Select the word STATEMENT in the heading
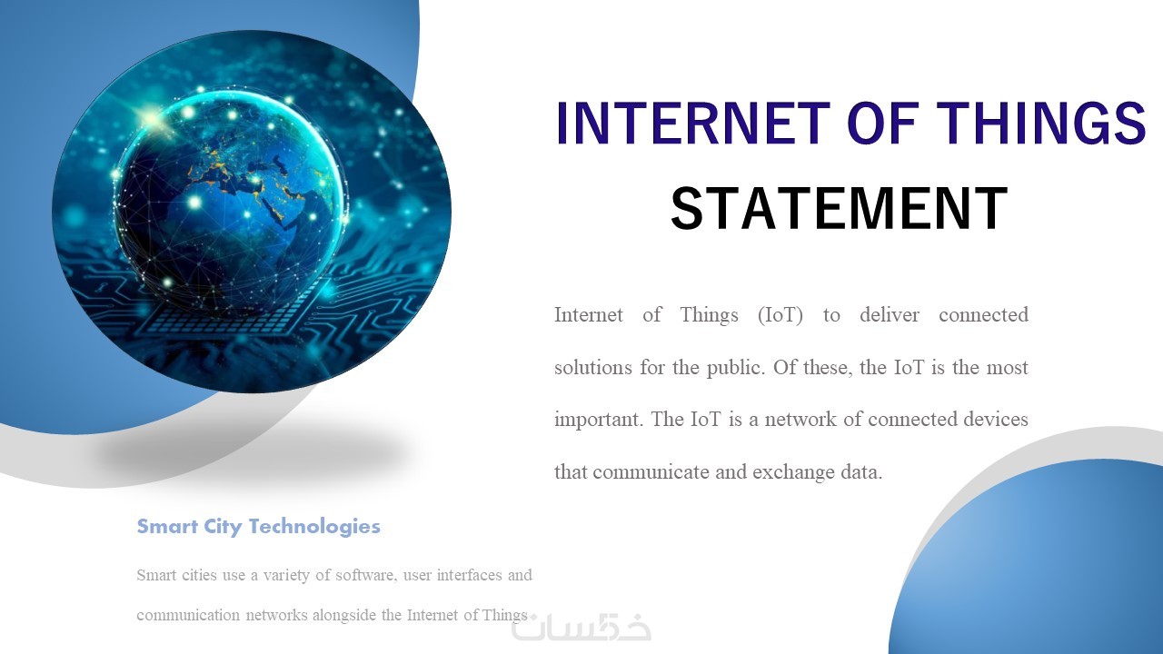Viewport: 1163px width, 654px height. (839, 208)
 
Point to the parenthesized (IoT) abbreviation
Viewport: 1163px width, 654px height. (780, 315)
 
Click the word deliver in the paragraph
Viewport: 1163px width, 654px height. (890, 314)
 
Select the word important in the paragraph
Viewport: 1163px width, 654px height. (599, 420)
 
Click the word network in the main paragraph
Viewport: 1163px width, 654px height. (800, 420)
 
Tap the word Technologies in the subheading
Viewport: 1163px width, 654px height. (314, 527)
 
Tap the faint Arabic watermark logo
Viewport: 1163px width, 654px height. (581, 627)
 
